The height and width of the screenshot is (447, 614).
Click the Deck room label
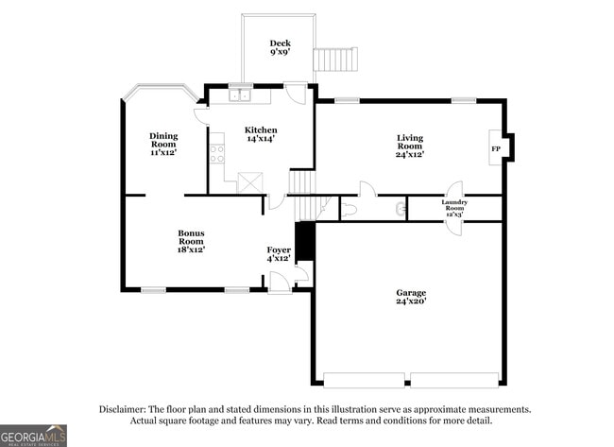click(x=280, y=43)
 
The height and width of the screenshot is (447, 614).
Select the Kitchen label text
click(x=261, y=129)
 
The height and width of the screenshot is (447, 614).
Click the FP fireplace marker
click(x=494, y=148)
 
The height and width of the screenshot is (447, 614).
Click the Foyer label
click(x=278, y=249)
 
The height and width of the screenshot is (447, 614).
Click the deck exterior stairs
click(x=337, y=60)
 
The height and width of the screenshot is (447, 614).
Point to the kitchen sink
click(x=240, y=94)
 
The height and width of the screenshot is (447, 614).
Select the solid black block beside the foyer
click(x=304, y=242)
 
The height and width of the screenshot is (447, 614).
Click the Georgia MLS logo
click(x=33, y=435)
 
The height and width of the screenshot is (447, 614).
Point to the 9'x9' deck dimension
click(x=280, y=53)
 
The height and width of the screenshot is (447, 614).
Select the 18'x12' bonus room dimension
click(x=192, y=249)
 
